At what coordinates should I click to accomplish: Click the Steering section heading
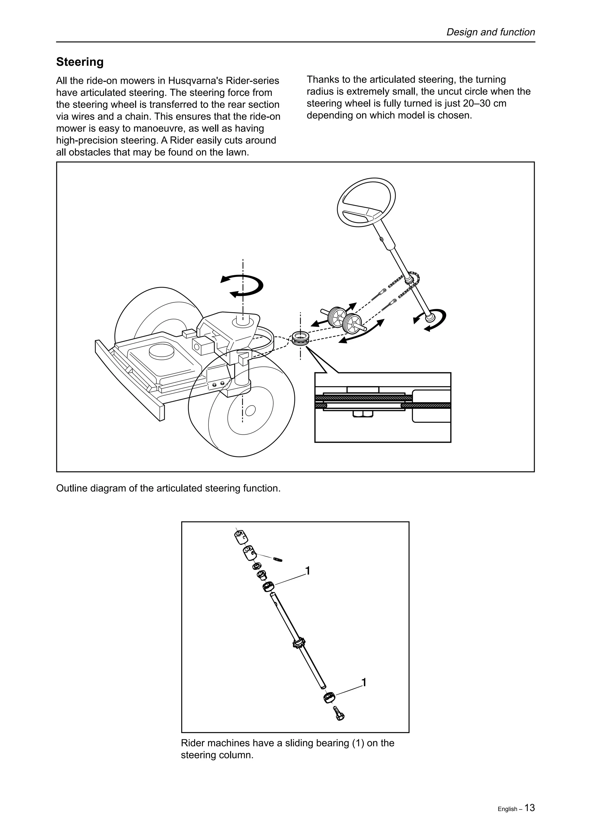[x=80, y=62]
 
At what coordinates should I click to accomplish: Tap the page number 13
[x=530, y=798]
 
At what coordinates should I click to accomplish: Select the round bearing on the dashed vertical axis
[x=301, y=338]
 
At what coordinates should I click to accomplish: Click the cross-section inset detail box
[x=382, y=408]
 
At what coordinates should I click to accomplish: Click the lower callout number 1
[x=363, y=682]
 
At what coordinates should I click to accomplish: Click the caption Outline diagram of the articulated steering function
[x=168, y=488]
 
